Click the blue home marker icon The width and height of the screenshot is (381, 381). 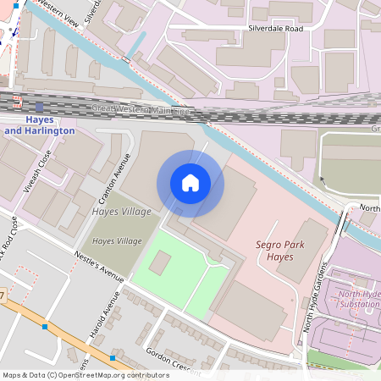190,183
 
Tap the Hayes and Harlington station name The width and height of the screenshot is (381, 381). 40,125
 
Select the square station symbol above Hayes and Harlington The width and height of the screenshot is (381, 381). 39,108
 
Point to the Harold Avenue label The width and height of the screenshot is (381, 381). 102,316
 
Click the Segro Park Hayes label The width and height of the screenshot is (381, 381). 280,251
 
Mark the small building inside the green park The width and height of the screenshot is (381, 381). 159,262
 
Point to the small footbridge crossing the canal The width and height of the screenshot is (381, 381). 126,60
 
